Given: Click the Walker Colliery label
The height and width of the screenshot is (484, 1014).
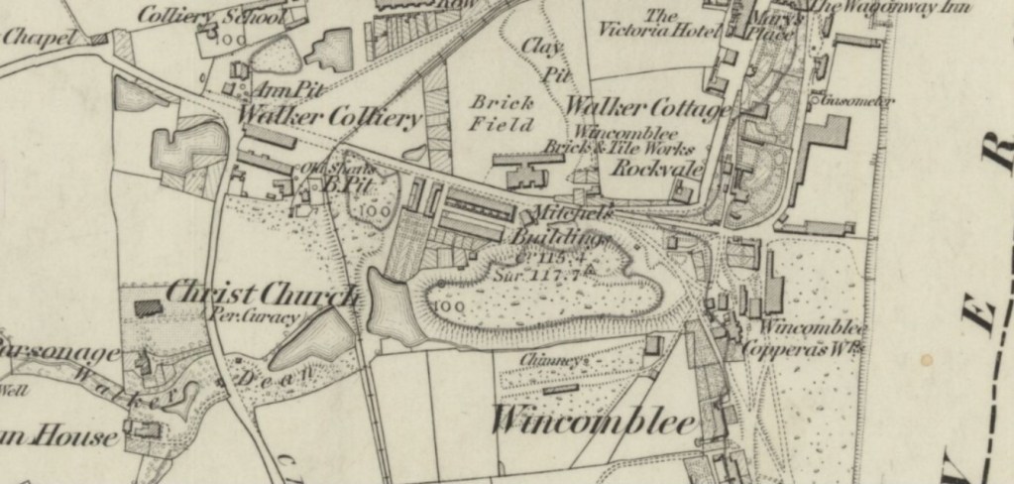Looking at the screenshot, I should point(330,118).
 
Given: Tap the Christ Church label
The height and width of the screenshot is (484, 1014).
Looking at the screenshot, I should point(261,295).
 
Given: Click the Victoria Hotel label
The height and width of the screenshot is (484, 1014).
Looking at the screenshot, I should point(657,23).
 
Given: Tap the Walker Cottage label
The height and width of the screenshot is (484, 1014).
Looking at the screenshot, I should point(648,106).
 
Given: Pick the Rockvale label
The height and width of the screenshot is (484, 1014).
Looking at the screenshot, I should point(656,168).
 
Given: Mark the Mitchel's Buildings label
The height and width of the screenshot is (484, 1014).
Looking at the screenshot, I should point(561,226).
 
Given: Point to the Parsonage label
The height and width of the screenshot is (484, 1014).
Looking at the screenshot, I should point(59,353).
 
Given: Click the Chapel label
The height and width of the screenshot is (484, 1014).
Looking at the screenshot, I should point(40,38).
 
